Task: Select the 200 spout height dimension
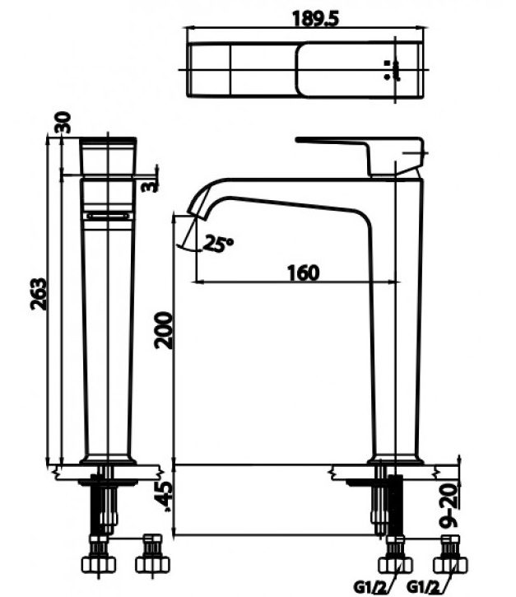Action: click(x=165, y=330)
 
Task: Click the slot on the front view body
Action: click(x=108, y=215)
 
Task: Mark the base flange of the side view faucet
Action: click(x=397, y=459)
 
